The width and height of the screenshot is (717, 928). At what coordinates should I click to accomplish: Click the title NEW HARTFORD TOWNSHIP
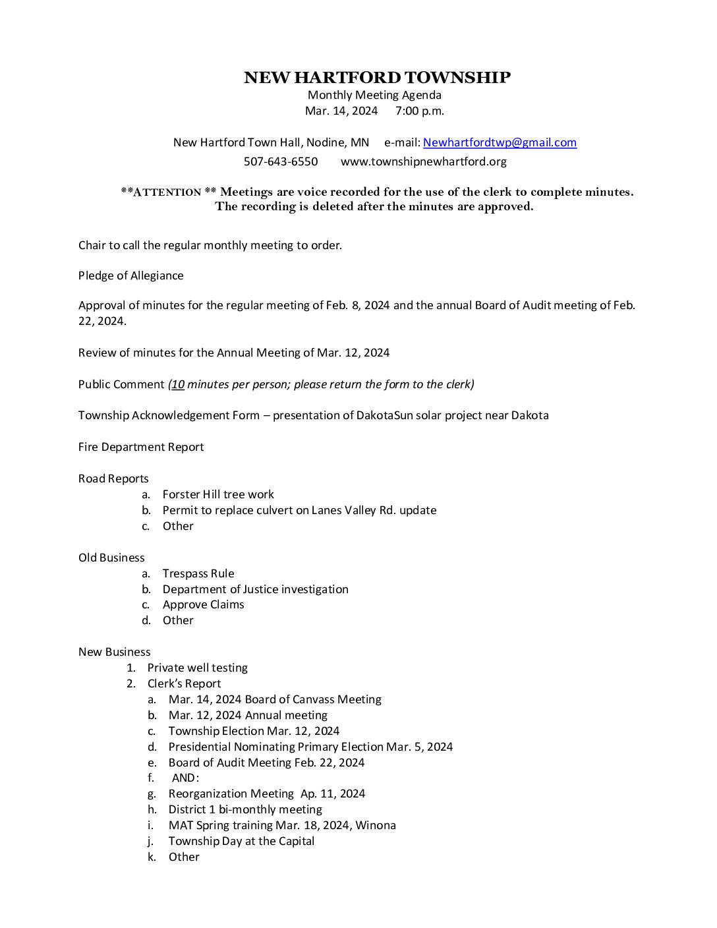click(x=377, y=78)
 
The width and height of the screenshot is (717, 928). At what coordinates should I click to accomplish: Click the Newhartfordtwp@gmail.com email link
click(x=500, y=142)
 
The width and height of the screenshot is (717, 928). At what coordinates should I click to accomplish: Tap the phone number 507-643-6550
click(x=281, y=161)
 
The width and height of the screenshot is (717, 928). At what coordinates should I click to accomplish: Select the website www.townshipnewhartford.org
click(x=423, y=161)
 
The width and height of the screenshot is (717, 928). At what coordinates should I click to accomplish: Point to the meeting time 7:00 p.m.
click(x=420, y=111)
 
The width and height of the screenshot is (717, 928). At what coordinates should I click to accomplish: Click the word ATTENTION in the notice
click(x=167, y=192)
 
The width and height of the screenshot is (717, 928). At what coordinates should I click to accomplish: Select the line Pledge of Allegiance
click(x=130, y=275)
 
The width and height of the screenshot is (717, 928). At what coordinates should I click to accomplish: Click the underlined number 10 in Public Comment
click(x=178, y=384)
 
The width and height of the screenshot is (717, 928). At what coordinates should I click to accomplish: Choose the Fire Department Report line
click(x=141, y=447)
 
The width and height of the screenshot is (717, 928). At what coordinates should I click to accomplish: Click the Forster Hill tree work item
click(x=218, y=494)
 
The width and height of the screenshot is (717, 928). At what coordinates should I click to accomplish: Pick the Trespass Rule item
click(x=198, y=573)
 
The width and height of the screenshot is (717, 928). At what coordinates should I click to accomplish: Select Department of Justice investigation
click(x=256, y=589)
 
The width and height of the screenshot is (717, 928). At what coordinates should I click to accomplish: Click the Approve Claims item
click(x=203, y=604)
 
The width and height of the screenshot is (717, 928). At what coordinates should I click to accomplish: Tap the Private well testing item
click(x=197, y=668)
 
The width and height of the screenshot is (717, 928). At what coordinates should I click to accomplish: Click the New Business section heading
click(x=114, y=652)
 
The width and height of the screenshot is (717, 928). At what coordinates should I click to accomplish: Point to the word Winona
click(x=376, y=825)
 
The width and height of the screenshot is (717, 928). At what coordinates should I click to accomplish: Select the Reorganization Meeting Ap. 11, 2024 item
click(x=266, y=794)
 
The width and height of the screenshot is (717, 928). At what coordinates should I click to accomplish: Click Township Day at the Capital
click(x=241, y=841)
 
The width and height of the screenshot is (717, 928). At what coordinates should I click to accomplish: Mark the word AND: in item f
click(x=185, y=778)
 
